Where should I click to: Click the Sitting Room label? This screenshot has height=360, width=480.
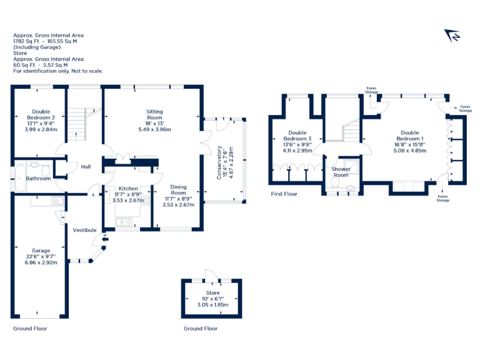pyautogui.click(x=154, y=114)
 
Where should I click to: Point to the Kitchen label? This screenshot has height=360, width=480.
pyautogui.click(x=128, y=188)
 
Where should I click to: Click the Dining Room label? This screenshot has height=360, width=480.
pyautogui.click(x=178, y=190)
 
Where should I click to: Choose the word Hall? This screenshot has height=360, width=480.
pyautogui.click(x=86, y=167)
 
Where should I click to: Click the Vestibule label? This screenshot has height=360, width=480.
pyautogui.click(x=84, y=230)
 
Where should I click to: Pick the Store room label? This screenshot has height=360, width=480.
pyautogui.click(x=212, y=292)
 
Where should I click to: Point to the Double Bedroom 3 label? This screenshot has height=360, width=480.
pyautogui.click(x=297, y=136)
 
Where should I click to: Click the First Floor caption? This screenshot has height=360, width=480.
pyautogui.click(x=284, y=194)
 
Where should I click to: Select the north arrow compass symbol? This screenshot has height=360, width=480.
pyautogui.click(x=451, y=36)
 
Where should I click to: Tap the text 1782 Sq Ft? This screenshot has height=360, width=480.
pyautogui.click(x=27, y=41)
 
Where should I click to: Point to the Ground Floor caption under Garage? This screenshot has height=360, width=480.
pyautogui.click(x=30, y=328)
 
